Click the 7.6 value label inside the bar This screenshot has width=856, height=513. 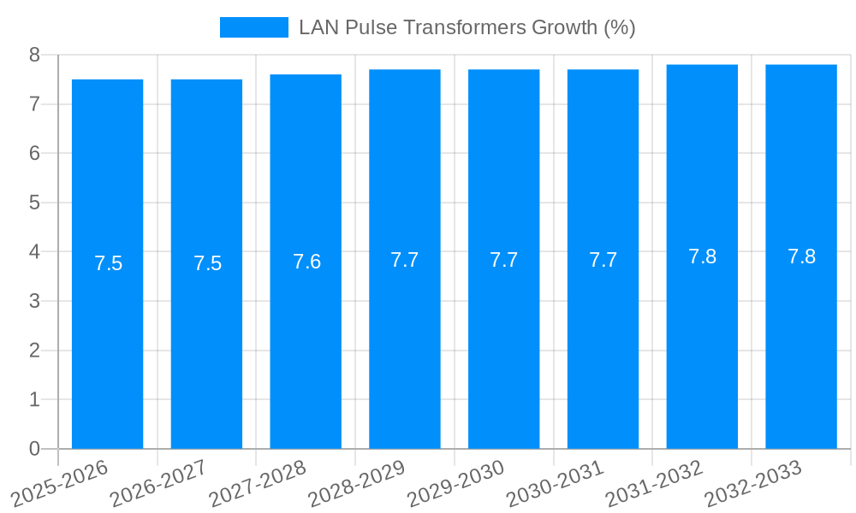coord(306,262)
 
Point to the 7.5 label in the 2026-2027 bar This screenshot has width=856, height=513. coord(207,263)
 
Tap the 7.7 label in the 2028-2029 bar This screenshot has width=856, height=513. coord(405,260)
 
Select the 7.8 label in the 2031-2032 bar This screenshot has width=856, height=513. coord(702,256)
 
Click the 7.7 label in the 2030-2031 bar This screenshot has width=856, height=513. coord(603,260)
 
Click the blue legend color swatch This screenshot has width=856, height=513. coord(254,27)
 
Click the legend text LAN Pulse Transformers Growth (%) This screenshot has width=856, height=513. coord(467,27)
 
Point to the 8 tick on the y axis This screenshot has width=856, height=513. coord(34,55)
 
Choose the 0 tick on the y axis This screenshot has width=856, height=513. coord(34,449)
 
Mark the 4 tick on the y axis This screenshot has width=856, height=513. coord(34,252)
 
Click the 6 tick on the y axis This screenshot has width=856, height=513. coord(34,153)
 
